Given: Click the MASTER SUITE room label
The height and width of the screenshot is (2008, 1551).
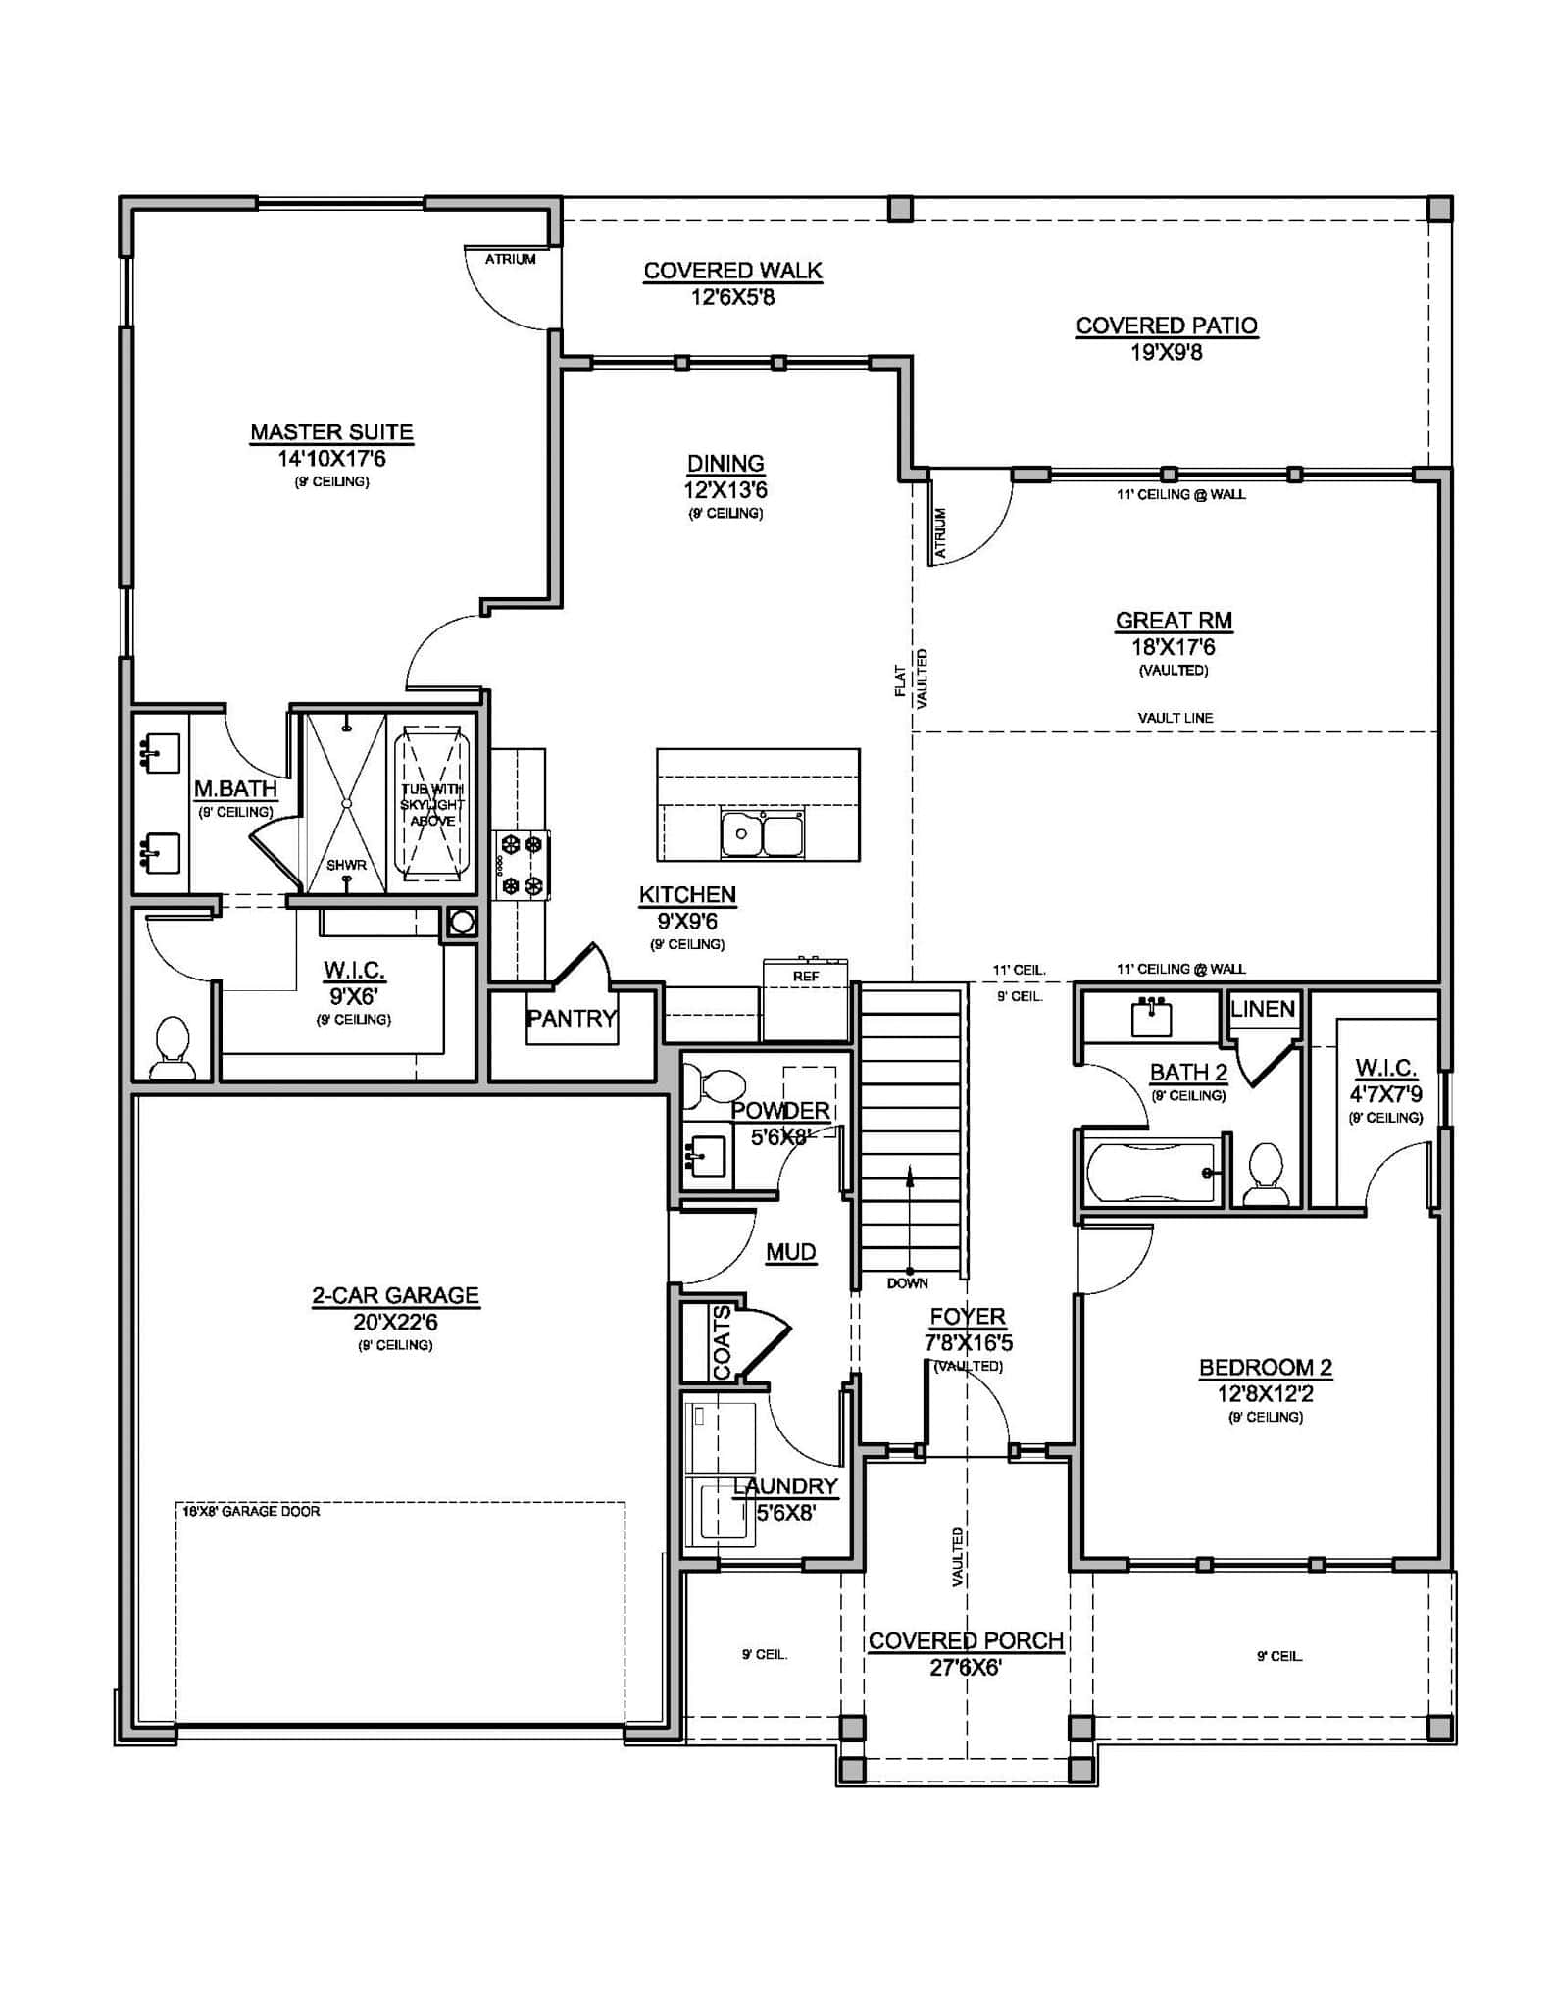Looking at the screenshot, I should [331, 431].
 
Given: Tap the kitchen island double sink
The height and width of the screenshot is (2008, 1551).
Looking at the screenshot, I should [762, 834].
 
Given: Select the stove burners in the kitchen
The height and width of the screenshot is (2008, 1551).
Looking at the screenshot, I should [522, 865].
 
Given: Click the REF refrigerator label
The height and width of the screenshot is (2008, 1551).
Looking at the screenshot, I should [806, 977].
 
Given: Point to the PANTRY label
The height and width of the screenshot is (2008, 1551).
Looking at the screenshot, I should [572, 1018].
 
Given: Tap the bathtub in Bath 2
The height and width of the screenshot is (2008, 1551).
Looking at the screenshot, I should [1152, 1172].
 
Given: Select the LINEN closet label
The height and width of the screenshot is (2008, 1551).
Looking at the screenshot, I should [1263, 1009].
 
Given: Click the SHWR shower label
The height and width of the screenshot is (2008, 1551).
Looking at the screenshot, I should [346, 865].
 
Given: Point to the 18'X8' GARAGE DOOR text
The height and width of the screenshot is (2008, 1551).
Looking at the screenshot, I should [251, 1511].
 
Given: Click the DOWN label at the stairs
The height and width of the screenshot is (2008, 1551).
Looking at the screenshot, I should [907, 1282].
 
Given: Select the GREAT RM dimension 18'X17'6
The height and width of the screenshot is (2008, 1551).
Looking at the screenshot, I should [1174, 647].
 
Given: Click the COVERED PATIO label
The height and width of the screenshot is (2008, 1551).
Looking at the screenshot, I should [1166, 326].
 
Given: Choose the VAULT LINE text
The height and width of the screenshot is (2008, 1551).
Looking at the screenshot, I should [1175, 718].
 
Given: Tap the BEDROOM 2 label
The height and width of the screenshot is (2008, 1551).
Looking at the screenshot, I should [1265, 1367].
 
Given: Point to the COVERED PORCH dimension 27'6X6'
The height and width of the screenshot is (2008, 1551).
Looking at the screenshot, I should [965, 1667].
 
